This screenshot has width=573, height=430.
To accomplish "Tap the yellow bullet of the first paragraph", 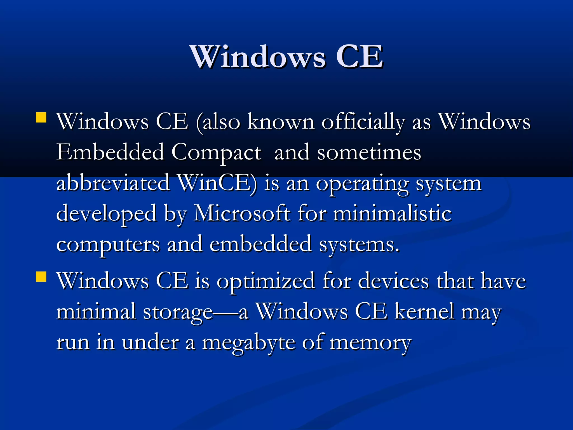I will (41, 118).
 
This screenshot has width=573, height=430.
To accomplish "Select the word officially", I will (363, 122).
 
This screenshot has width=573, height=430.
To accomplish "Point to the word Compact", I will (216, 153).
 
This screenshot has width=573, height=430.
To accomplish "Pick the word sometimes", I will (369, 153).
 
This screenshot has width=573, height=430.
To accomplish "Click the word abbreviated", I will (113, 183).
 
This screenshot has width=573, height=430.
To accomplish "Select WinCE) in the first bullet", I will (217, 183).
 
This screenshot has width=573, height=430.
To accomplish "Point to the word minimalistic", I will (392, 213).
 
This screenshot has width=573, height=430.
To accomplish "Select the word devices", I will (393, 281).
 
